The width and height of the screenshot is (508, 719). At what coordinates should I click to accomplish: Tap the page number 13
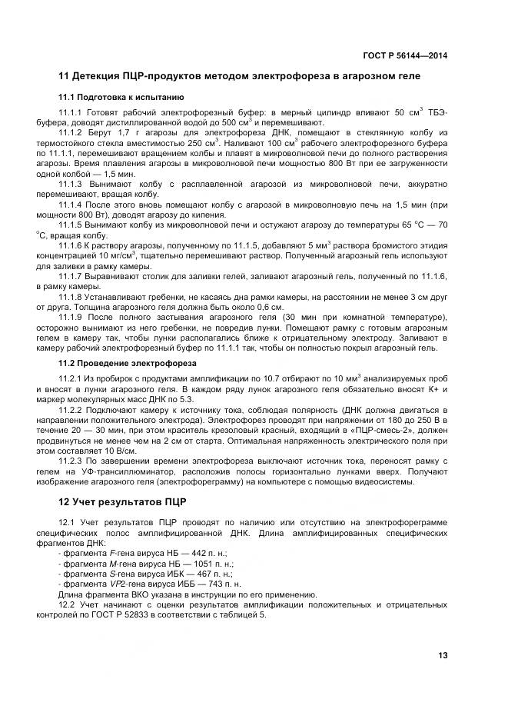[x=443, y=655]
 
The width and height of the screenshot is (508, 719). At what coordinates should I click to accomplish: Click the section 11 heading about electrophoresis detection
[x=239, y=77]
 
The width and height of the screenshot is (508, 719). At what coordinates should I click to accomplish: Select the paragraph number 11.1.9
[x=71, y=318]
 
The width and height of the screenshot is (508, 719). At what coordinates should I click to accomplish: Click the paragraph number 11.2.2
[x=71, y=410]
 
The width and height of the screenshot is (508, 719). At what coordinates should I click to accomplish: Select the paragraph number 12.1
[x=68, y=524]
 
